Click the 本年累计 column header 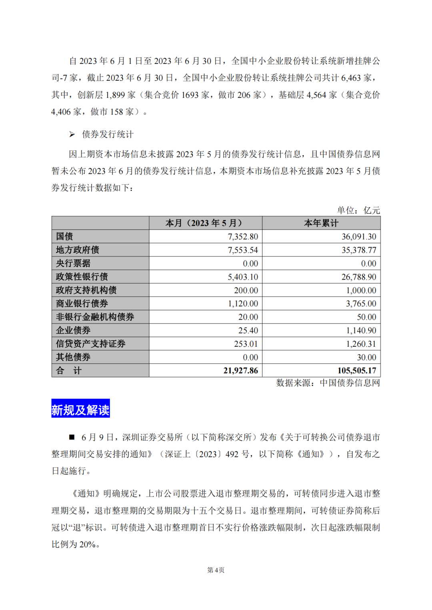(x=321, y=223)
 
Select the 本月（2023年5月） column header (x=204, y=223)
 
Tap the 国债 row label (x=64, y=236)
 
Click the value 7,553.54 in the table (x=243, y=250)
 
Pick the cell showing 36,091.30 (x=359, y=236)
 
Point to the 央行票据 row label (x=73, y=263)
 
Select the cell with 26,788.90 (x=359, y=277)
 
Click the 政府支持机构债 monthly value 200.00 (x=246, y=290)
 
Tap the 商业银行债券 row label (x=82, y=304)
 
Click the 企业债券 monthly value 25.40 (x=248, y=330)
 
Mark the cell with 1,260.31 (x=361, y=344)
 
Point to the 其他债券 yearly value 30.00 (x=366, y=357)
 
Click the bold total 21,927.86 (x=241, y=371)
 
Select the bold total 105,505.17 (x=357, y=371)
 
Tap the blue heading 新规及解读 (x=80, y=409)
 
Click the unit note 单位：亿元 (x=358, y=210)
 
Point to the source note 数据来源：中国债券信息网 (x=328, y=383)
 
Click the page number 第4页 (x=216, y=570)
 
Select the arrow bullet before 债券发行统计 (x=72, y=134)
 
